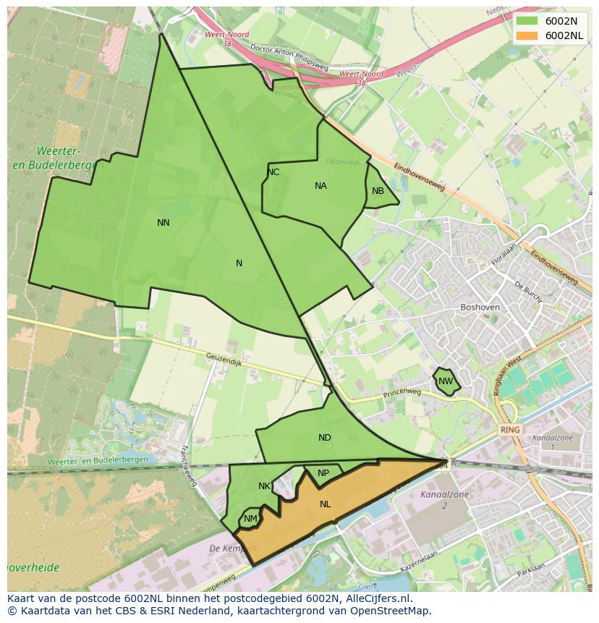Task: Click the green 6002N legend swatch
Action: pos(527,21)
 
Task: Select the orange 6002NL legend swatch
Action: pos(527,35)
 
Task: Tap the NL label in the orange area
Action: pos(326,504)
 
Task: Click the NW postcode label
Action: pos(446,381)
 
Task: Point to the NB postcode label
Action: pos(378,191)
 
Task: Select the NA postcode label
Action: pos(320,186)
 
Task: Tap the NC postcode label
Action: pos(273,172)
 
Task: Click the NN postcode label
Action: pos(163,223)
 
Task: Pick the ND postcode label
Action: pos(325,438)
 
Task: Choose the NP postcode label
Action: pos(323,473)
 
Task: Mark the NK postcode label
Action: pos(264,486)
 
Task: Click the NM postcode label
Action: pos(250,519)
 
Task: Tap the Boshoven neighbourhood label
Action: pos(480,307)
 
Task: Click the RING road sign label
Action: pos(510,430)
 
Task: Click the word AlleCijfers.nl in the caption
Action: pos(376,598)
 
